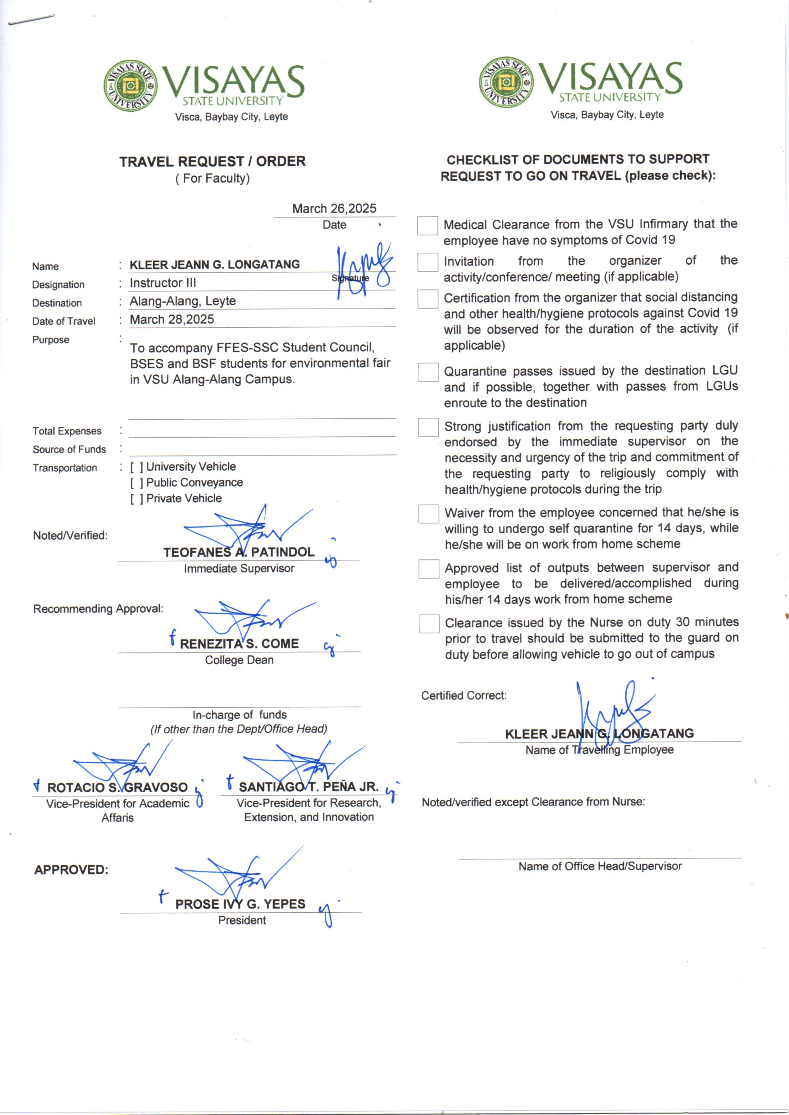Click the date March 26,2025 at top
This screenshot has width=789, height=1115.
[334, 208]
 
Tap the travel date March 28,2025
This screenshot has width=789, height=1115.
[172, 319]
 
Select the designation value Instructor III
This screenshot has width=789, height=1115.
[163, 283]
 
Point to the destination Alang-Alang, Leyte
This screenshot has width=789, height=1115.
[183, 301]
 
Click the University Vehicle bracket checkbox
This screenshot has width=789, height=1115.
[136, 467]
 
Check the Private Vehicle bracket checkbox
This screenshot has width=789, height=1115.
[136, 499]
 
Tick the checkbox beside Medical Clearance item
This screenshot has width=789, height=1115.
[427, 226]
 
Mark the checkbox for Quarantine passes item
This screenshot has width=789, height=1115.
[428, 372]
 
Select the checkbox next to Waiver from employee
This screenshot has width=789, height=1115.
[428, 514]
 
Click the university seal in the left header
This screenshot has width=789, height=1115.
[130, 86]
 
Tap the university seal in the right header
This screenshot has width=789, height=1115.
[506, 82]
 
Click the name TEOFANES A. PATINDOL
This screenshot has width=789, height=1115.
[239, 552]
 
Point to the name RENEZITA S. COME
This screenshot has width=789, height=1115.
[239, 643]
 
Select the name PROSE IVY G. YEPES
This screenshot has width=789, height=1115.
[240, 904]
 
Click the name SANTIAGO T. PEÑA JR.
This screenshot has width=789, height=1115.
[309, 787]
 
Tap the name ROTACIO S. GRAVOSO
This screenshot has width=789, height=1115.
[117, 787]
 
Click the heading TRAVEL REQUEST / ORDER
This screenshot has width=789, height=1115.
[212, 161]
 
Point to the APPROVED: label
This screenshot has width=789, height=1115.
[71, 870]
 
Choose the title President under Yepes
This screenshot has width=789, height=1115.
[242, 920]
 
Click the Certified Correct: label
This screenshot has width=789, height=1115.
[464, 695]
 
